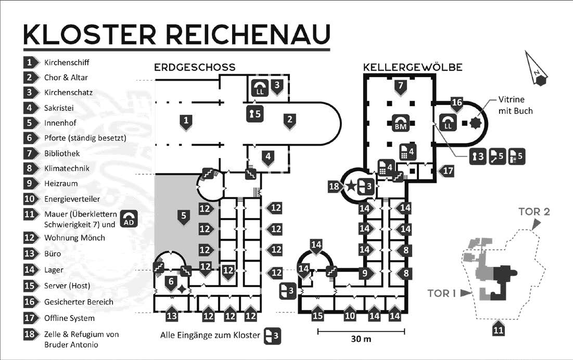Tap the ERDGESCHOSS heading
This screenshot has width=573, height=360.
point(195,68)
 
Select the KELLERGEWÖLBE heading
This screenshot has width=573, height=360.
point(413,68)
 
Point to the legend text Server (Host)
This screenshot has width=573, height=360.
point(67,286)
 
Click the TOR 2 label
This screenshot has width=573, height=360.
point(534,212)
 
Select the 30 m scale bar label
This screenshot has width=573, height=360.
point(361,339)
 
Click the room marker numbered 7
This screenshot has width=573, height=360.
point(400,87)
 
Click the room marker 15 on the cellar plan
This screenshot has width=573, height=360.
point(317,314)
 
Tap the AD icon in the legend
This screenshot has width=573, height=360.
point(130,219)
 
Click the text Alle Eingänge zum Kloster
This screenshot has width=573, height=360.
point(210,336)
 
